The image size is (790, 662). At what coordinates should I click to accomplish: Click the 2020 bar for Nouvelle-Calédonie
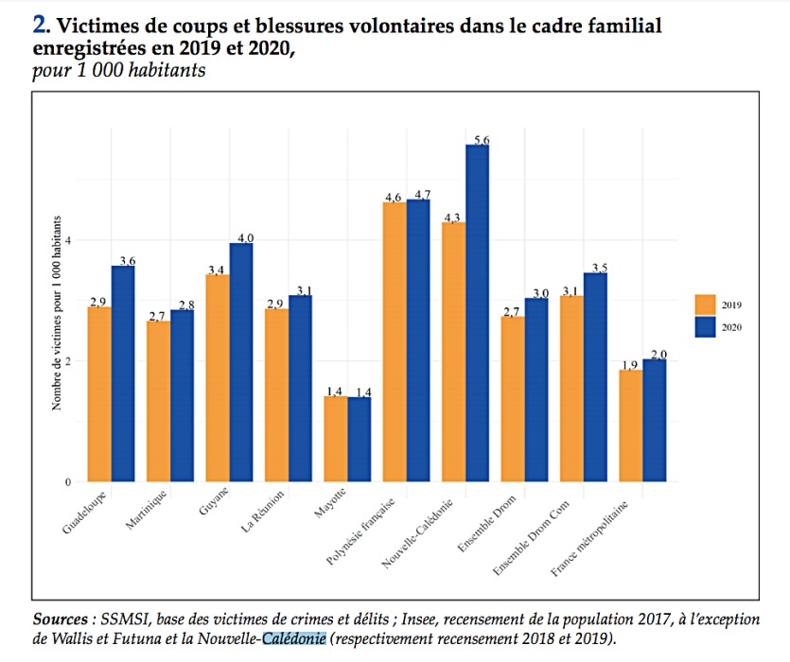(477, 313)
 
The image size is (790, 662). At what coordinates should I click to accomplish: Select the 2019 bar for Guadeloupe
(98, 393)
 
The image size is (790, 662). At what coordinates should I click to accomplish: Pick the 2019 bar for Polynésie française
(395, 341)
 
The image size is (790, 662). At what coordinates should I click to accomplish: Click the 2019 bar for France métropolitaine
(630, 425)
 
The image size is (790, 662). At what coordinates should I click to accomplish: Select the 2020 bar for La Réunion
(301, 389)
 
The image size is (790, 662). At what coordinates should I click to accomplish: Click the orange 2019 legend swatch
(706, 305)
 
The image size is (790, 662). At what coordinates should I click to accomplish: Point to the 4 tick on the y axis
(68, 241)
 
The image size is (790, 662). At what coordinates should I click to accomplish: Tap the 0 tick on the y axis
(68, 482)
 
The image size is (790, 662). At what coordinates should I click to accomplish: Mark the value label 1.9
(630, 364)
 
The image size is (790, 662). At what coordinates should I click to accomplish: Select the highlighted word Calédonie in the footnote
(294, 638)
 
